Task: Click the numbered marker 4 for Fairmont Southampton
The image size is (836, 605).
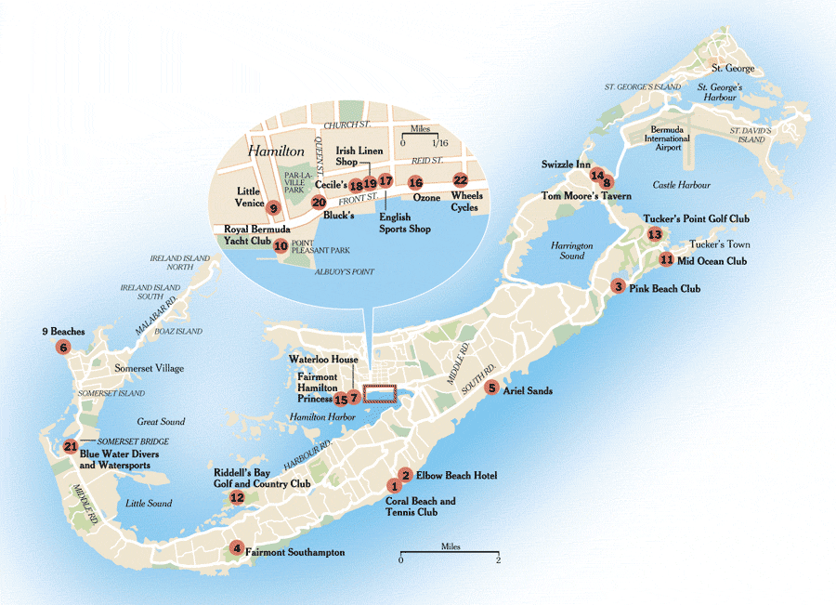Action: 238,547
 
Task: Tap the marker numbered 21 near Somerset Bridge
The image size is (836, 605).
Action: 71,447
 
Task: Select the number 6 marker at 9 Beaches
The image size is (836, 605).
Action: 63,348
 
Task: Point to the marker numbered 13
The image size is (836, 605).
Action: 655,235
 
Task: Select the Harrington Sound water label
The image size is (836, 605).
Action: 572,251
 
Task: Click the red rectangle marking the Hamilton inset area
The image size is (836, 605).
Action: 379,394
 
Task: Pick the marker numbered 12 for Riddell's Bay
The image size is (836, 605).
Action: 237,498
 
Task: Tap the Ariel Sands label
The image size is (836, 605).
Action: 527,391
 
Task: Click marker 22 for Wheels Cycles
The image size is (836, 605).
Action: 460,180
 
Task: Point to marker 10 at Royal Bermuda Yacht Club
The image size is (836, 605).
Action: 281,245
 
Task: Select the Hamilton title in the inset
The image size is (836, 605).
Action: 276,150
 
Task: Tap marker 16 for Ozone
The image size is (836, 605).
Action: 415,182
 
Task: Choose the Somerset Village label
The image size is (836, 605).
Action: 149,369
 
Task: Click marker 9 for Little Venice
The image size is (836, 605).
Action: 274,208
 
